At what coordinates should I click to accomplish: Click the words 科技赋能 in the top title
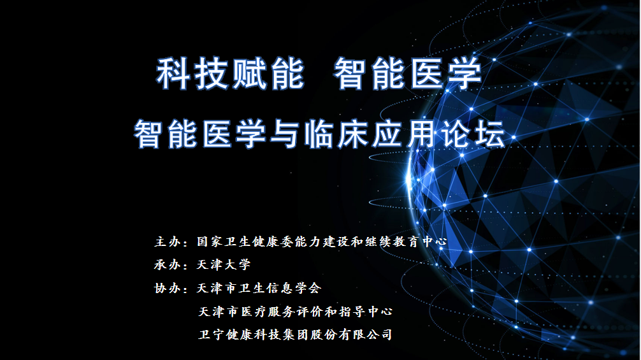(231, 73)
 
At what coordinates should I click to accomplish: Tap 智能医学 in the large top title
(408, 73)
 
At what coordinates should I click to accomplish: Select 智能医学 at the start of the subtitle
(200, 134)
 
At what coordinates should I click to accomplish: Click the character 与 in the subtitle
(284, 134)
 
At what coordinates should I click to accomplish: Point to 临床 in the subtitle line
(336, 134)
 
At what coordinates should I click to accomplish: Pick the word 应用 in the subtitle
(403, 134)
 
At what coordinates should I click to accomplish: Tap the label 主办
(168, 241)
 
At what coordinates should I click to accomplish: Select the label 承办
(168, 265)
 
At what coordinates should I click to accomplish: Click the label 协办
(168, 288)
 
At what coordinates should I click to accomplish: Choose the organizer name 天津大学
(224, 265)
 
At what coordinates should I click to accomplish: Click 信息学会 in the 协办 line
(294, 288)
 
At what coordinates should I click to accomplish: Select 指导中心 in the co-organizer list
(366, 312)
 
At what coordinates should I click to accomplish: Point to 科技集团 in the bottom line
(281, 335)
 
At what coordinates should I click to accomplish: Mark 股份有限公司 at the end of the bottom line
(351, 335)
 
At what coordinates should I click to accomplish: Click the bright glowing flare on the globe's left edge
(410, 180)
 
